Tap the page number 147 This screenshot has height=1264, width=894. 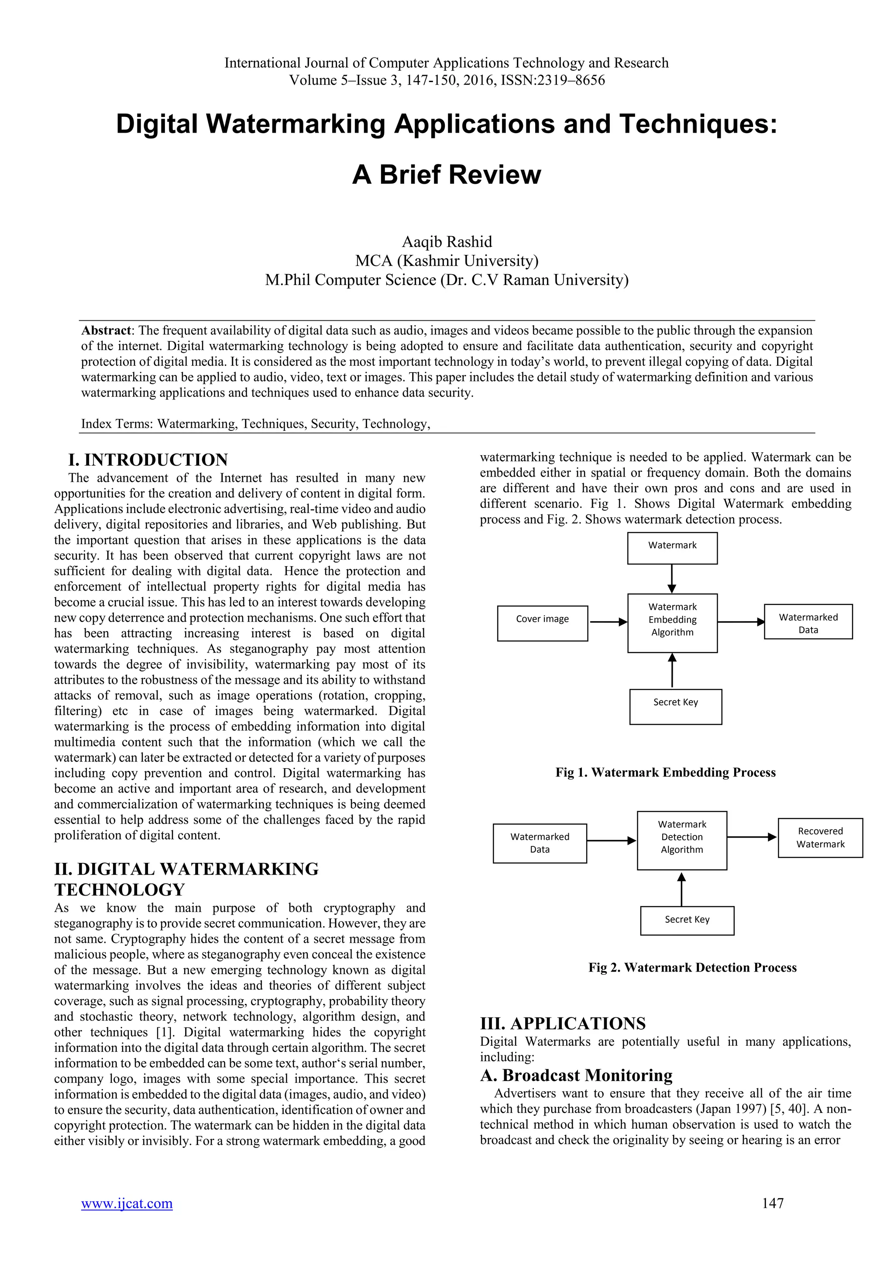(x=772, y=1203)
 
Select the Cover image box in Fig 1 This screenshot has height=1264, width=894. (x=542, y=623)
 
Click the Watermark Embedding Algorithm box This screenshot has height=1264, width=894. (x=672, y=623)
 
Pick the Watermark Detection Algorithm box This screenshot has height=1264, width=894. (x=681, y=840)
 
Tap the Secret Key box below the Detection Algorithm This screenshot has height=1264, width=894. (x=687, y=920)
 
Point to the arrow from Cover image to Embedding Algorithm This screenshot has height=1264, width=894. (x=608, y=622)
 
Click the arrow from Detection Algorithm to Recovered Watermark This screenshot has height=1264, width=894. (x=752, y=837)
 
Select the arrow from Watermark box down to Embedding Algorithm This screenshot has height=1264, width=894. (x=672, y=579)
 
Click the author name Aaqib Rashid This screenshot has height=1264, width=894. (x=447, y=242)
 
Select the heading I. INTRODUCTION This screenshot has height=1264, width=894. (x=148, y=460)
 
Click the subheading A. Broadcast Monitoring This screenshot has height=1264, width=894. (x=576, y=1075)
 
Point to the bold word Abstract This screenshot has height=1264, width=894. (x=106, y=330)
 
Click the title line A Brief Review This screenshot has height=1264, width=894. (x=447, y=175)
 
